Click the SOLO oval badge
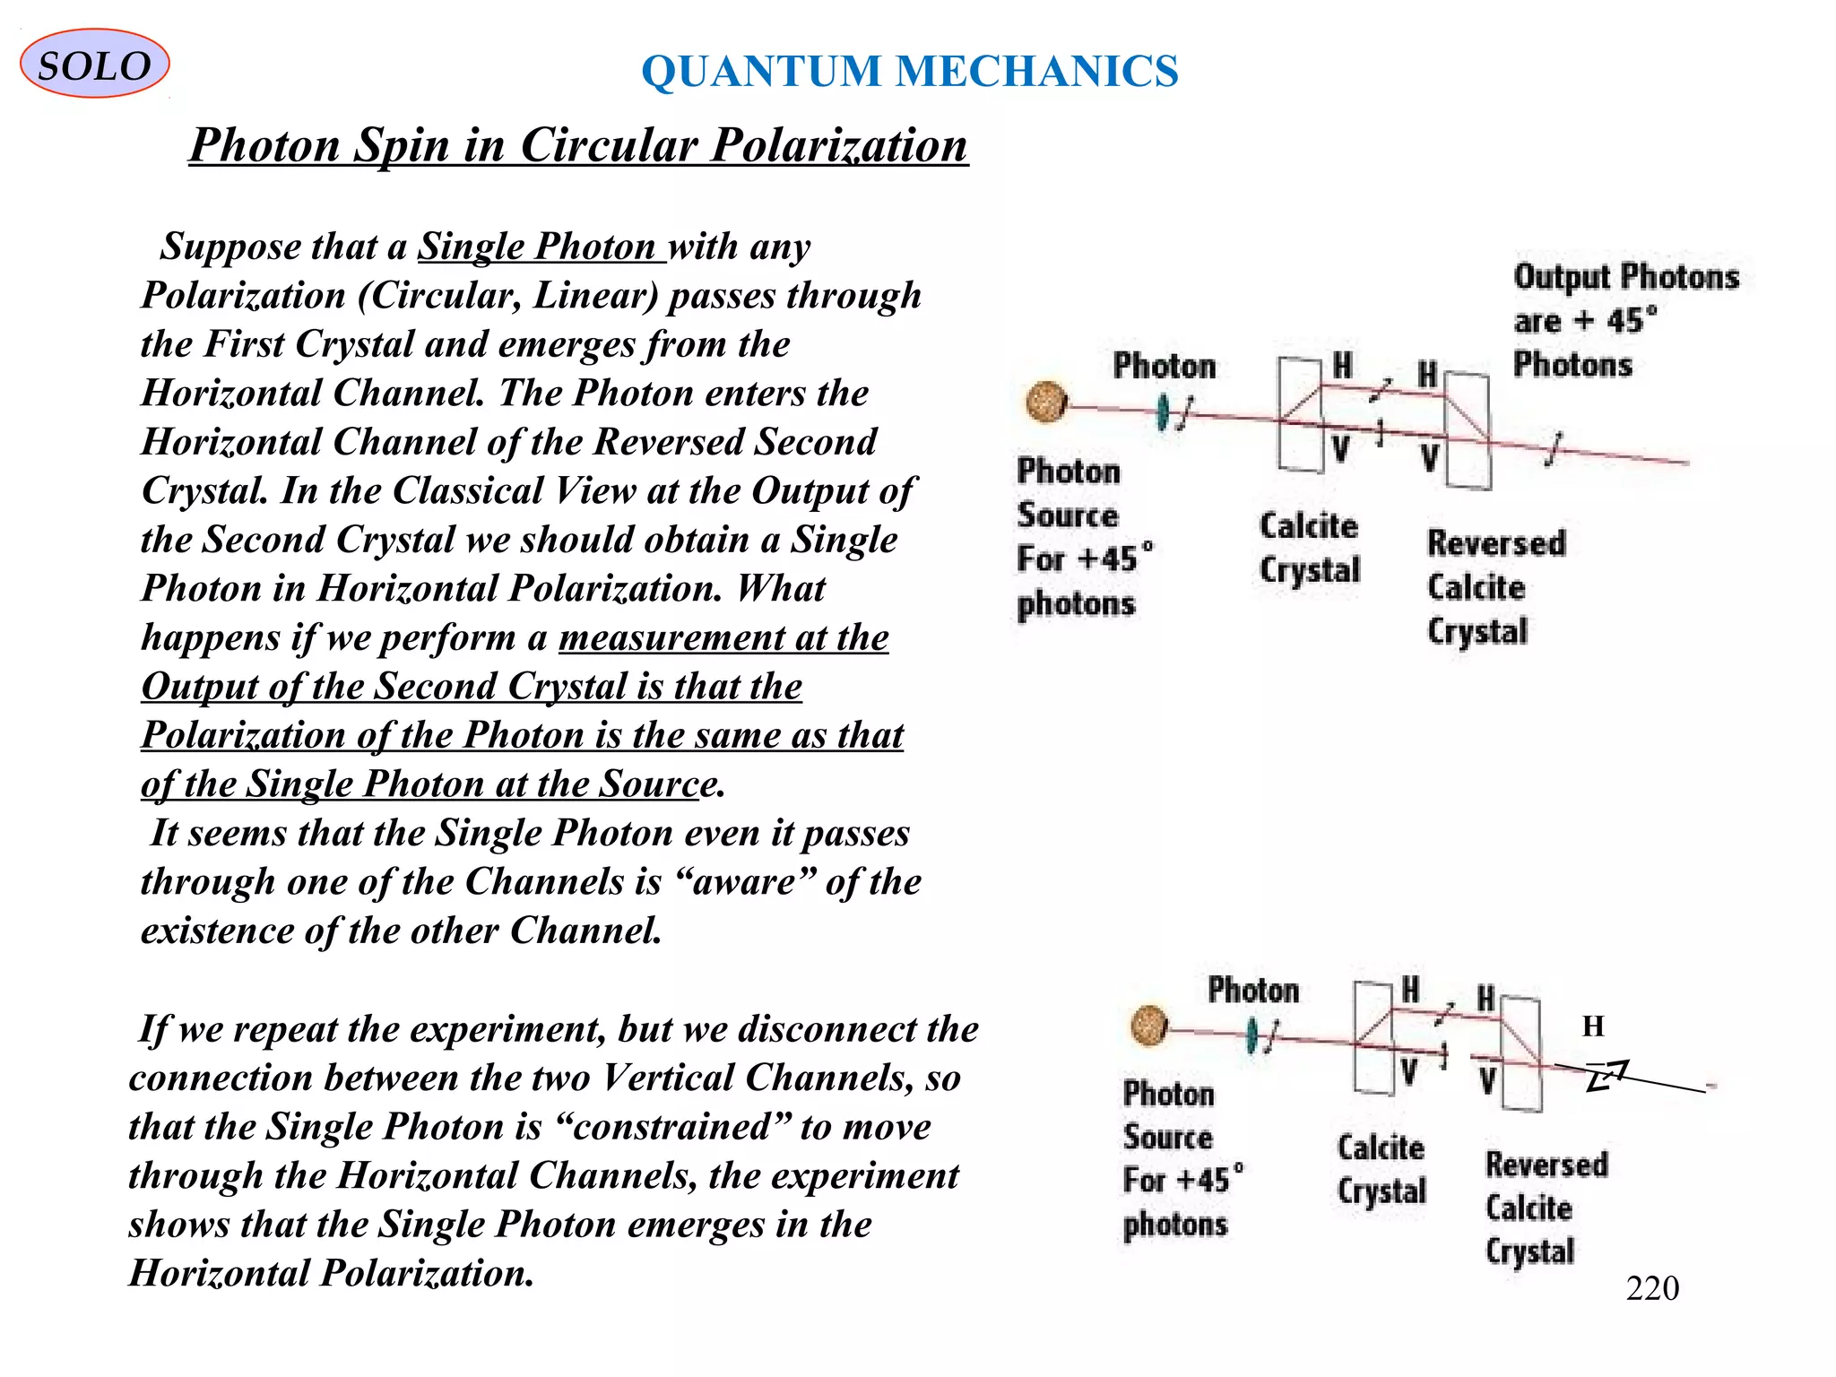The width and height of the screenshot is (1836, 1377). [x=94, y=65]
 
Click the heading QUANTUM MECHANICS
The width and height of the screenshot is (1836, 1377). [x=910, y=72]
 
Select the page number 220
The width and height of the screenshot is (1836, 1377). [x=1651, y=1288]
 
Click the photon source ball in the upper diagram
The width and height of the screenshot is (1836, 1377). [x=1046, y=402]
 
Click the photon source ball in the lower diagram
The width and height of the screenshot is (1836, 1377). [x=1148, y=1026]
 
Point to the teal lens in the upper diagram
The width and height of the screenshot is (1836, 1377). [x=1163, y=412]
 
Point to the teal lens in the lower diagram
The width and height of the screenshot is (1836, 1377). [x=1251, y=1036]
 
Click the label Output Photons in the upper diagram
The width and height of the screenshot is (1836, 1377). [x=1626, y=277]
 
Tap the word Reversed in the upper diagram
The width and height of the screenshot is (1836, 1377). [x=1496, y=543]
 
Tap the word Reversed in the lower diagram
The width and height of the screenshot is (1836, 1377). [x=1546, y=1165]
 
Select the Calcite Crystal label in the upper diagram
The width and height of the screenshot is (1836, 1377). [x=1309, y=548]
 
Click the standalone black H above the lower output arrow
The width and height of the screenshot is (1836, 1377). [x=1593, y=1026]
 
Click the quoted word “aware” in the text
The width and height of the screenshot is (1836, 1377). [x=744, y=882]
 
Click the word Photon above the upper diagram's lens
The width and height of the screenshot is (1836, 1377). [x=1165, y=367]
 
